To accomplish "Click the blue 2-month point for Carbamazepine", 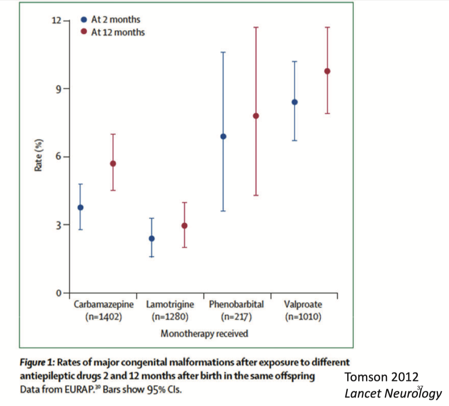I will (80, 208).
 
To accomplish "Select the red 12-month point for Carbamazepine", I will (113, 163).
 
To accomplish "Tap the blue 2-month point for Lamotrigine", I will (151, 238).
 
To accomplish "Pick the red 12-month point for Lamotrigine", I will (184, 225).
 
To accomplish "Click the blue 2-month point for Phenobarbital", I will (223, 136).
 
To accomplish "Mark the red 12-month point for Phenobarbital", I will (256, 115).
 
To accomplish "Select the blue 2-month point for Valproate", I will (295, 102).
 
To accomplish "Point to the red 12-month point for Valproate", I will (327, 71).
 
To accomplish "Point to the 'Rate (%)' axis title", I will (39, 154).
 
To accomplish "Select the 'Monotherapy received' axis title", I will (204, 333).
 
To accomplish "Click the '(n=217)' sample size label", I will (236, 316).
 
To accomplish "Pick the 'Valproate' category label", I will (303, 304).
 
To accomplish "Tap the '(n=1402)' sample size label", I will (104, 316).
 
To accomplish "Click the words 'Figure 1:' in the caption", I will (37, 362).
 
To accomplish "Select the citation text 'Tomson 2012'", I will (381, 377).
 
